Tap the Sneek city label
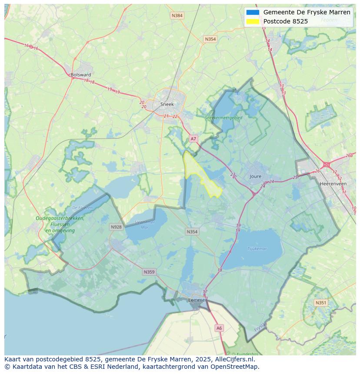167,104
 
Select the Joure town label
256,177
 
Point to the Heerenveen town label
333,184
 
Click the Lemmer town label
197,300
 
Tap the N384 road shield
177,16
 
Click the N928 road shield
116,227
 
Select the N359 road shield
149,272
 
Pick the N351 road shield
321,303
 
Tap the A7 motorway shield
193,139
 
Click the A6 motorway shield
219,328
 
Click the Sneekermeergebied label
223,118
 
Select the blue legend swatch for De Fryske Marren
252,12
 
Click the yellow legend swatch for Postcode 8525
252,21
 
